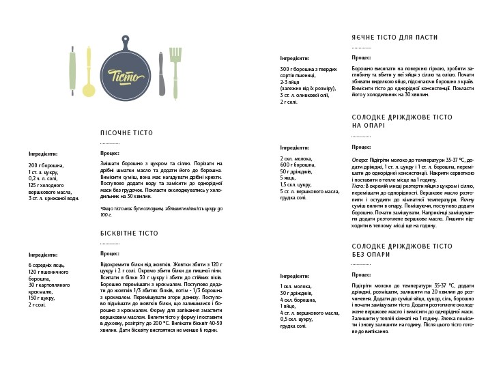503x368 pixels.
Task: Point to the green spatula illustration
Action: pyautogui.click(x=175, y=68)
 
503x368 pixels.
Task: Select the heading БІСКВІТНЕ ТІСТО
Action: pyautogui.click(x=129, y=233)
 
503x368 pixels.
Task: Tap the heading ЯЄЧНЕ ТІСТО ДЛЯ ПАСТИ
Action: pyautogui.click(x=395, y=38)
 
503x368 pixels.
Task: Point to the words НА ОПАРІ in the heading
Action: pyautogui.click(x=369, y=126)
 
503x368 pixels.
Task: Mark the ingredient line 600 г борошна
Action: pyautogui.click(x=298, y=165)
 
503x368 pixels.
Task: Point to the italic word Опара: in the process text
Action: pyautogui.click(x=360, y=158)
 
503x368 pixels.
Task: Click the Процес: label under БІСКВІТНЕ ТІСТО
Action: pyautogui.click(x=109, y=253)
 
